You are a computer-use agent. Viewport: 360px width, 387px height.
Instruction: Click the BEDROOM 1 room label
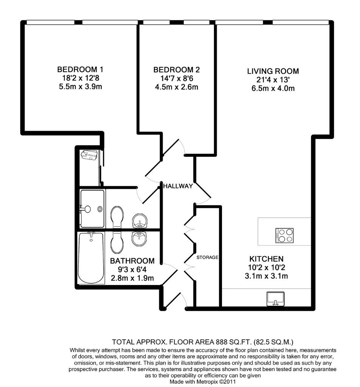pos(80,70)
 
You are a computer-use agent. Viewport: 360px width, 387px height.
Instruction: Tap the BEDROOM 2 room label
pos(176,70)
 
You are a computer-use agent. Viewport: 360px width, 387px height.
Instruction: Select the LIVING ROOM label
pos(273,71)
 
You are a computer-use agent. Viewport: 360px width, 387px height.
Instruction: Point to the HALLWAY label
pos(178,186)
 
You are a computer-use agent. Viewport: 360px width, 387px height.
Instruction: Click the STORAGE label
pos(207,257)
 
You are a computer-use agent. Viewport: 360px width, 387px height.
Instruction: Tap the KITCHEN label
pos(267,259)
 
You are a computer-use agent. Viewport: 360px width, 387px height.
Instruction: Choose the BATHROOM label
pos(132,261)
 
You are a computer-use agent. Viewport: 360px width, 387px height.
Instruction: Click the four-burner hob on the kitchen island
pos(284,235)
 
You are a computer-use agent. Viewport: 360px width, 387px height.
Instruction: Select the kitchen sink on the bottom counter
pos(276,299)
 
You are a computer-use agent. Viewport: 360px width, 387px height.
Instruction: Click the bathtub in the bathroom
pos(91,257)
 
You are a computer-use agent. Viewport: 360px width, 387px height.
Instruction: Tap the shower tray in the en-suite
pos(92,209)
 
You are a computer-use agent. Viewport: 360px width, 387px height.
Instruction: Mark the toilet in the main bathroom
pos(117,243)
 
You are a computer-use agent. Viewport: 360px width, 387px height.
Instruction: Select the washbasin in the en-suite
pos(140,221)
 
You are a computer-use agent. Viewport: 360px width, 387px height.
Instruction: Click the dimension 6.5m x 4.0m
pos(273,88)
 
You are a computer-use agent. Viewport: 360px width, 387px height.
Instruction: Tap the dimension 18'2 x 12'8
pos(81,78)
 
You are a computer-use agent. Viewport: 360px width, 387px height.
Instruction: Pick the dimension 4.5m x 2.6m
pos(176,87)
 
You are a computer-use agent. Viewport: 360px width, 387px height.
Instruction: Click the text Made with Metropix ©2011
pos(202,382)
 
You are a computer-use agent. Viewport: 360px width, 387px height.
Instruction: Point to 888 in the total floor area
pos(221,342)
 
